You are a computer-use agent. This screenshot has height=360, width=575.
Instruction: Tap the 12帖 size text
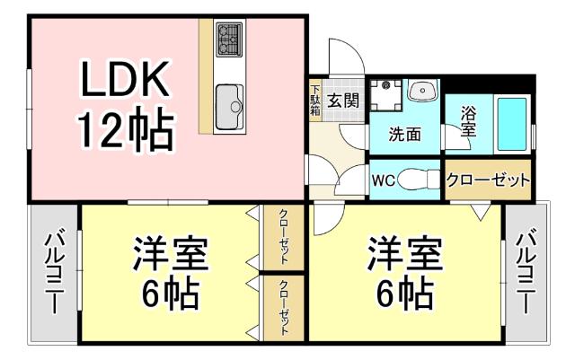(x=125, y=132)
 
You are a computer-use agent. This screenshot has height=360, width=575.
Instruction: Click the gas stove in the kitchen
(x=228, y=39)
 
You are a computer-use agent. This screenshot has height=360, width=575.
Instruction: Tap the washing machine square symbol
(x=388, y=92)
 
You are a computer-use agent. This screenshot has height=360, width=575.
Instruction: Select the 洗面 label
(x=404, y=135)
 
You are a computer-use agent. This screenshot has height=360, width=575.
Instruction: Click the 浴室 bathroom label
(x=468, y=123)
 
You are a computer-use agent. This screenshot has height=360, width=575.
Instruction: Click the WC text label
(x=384, y=179)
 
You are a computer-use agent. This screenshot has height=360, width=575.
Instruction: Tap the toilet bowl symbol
(x=417, y=179)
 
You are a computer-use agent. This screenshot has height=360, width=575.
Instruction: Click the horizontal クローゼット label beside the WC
(x=489, y=180)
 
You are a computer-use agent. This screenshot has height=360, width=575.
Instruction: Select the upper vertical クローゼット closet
(x=283, y=235)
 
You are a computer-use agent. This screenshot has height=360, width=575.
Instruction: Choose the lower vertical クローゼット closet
(x=283, y=306)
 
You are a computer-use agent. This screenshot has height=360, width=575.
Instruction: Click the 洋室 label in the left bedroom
(x=171, y=255)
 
